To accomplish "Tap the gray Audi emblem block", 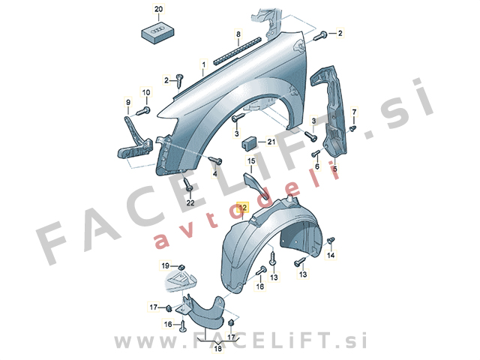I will tap(156, 32).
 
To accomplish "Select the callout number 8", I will tap(238, 35).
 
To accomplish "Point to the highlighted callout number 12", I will tap(242, 206).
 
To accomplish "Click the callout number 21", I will tap(271, 142).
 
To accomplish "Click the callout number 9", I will tap(127, 103).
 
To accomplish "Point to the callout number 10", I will tap(146, 92).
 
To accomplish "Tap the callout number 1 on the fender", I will tap(202, 66).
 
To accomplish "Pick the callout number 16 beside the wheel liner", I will tap(260, 286).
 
